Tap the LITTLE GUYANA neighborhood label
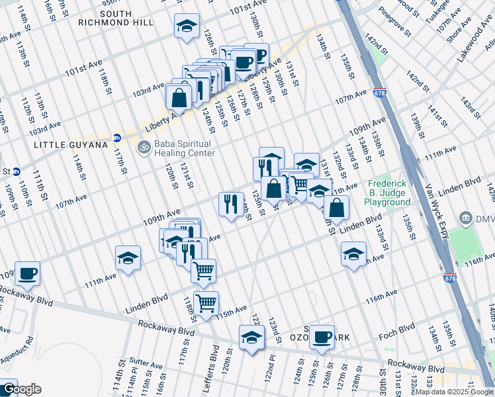pyautogui.click(x=69, y=145)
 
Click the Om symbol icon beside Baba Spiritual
pyautogui.click(x=141, y=147)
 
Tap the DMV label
pyautogui.click(x=485, y=218)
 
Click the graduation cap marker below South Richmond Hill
pyautogui.click(x=187, y=26)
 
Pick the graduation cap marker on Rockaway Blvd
pyautogui.click(x=252, y=337)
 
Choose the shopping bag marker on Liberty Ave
pyautogui.click(x=179, y=97)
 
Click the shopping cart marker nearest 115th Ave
pyautogui.click(x=206, y=303)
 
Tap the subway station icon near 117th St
pyautogui.click(x=117, y=138)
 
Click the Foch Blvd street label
pyautogui.click(x=397, y=328)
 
